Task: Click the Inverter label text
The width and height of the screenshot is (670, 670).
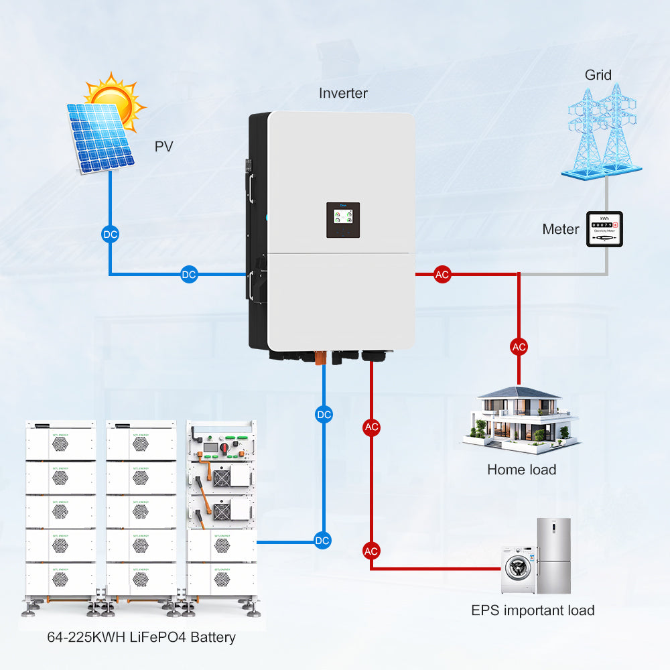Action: point(343,93)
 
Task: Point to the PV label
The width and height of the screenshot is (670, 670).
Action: point(163,146)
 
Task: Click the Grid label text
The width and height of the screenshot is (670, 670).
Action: point(598,74)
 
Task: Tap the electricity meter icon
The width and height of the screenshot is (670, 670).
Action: point(604,229)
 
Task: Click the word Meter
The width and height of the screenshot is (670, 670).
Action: point(560,230)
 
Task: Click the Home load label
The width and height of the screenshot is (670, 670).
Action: point(521,470)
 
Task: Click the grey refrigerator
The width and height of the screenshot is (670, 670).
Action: point(553,555)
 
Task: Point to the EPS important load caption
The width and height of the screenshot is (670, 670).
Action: point(533,610)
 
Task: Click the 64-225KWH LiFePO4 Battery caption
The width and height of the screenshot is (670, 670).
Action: point(141,636)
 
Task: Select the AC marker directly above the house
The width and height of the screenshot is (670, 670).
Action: point(519,346)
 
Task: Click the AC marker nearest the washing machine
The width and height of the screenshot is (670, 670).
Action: point(371,551)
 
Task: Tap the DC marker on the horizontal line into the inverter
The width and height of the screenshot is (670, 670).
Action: point(189,274)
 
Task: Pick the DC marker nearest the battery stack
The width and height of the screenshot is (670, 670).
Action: point(323,540)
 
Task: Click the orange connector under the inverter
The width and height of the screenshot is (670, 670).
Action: point(320,358)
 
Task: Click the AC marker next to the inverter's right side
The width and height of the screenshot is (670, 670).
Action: point(442,274)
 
